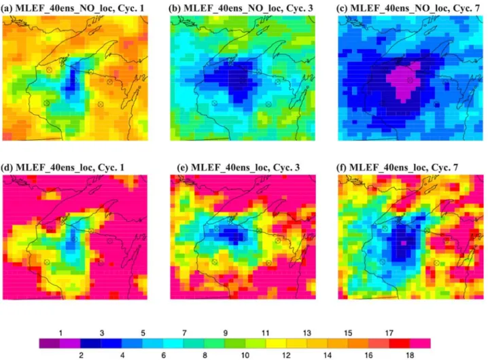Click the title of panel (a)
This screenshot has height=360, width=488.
point(73,7)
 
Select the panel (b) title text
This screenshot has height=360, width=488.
point(241,7)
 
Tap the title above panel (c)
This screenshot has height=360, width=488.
point(408,7)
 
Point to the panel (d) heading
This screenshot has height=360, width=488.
point(63,167)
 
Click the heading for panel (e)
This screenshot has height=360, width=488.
point(239,167)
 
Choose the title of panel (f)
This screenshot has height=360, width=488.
point(398,167)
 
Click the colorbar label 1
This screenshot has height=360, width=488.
point(60,333)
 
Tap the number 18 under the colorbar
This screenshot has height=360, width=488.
point(410,355)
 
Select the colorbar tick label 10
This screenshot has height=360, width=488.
point(245,355)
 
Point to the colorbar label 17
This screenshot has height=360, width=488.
point(389,333)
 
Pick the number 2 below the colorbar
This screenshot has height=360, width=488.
point(82,355)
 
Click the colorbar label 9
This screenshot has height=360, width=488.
point(226,333)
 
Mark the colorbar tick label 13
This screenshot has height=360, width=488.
point(307,333)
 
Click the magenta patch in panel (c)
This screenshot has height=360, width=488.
point(404,81)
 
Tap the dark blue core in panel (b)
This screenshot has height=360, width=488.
point(237,79)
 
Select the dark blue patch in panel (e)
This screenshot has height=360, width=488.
point(233,234)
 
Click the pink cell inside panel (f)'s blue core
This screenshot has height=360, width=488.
point(404,242)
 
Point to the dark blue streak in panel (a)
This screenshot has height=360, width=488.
point(73,80)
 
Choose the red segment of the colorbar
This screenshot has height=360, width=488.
point(399,343)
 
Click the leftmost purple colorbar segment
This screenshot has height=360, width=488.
point(50,343)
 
